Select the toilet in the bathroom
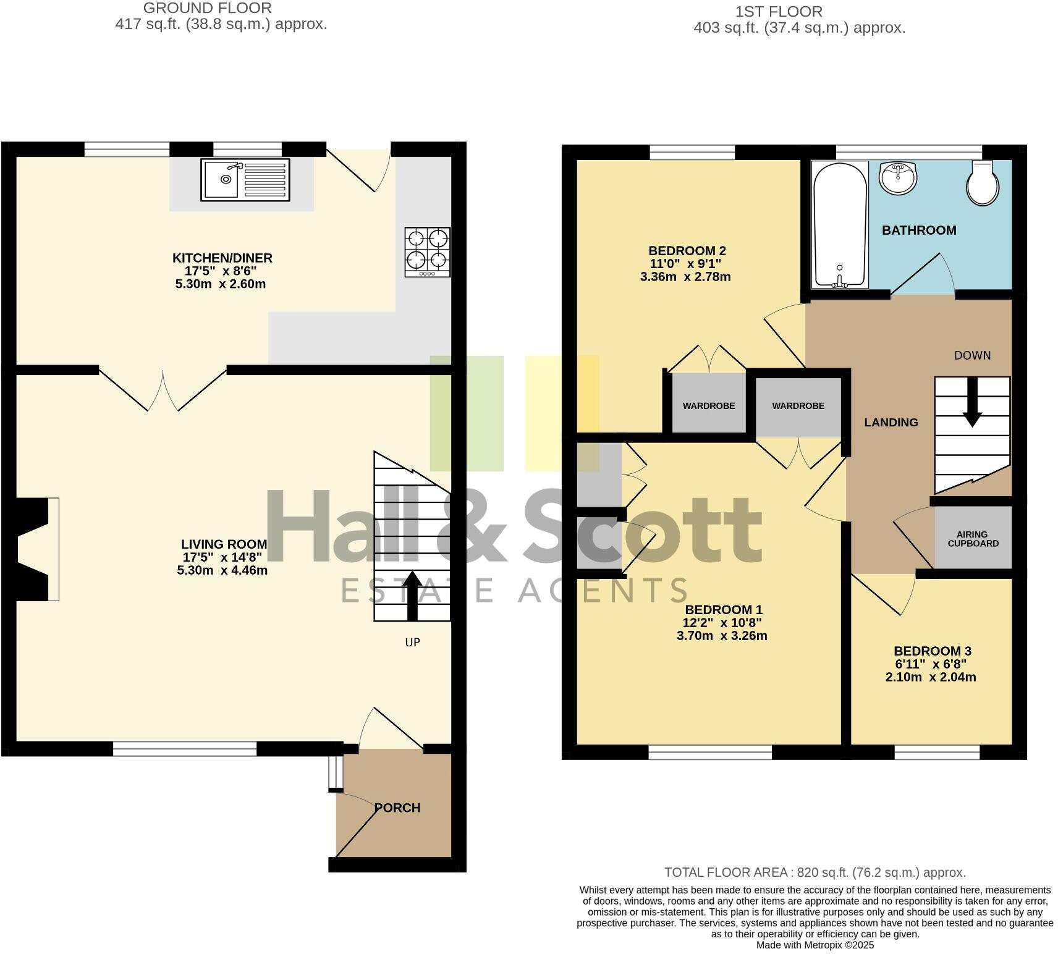pyautogui.click(x=983, y=184)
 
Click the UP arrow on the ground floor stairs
pyautogui.click(x=412, y=596)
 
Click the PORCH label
pyautogui.click(x=397, y=808)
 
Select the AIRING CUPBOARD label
pyautogui.click(x=973, y=539)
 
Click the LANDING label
pyautogui.click(x=891, y=423)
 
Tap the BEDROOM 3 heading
pyautogui.click(x=932, y=651)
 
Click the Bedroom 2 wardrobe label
pyautogui.click(x=708, y=406)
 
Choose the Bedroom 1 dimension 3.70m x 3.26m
pyautogui.click(x=722, y=636)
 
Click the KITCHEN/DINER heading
pyautogui.click(x=222, y=258)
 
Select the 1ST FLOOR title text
pyautogui.click(x=779, y=12)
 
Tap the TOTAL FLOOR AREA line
pyautogui.click(x=815, y=872)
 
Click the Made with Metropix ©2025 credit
pyautogui.click(x=815, y=945)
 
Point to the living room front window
pyautogui.click(x=184, y=749)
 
